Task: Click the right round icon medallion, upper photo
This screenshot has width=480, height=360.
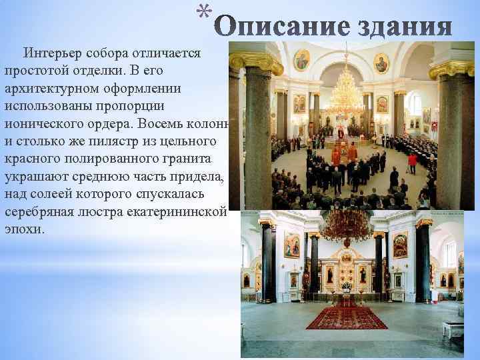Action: pyautogui.click(x=381, y=63)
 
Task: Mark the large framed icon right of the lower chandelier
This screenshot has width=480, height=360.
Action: pyautogui.click(x=400, y=245)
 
